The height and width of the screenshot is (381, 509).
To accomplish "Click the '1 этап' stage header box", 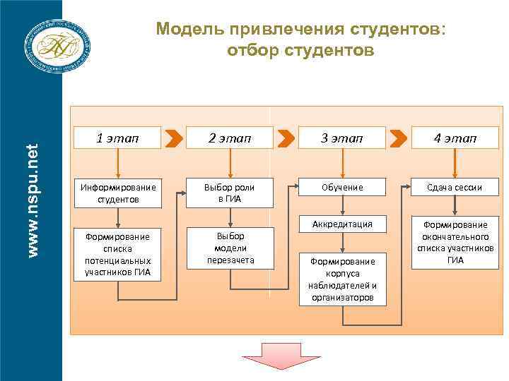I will [117, 138].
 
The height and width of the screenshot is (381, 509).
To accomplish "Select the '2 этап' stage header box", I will [230, 138].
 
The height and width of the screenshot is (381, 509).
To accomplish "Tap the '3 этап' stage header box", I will [342, 138].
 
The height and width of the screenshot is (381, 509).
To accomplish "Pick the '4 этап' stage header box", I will [455, 138].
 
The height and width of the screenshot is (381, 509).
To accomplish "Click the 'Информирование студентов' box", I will [117, 193].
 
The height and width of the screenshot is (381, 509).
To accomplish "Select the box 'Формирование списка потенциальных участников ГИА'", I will [117, 253].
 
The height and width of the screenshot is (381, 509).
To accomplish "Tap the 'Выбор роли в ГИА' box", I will [230, 193].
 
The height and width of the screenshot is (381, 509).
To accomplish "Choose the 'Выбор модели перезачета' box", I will [230, 248].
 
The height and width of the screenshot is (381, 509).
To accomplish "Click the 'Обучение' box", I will [342, 188].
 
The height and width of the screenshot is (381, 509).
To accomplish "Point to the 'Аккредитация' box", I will [342, 224].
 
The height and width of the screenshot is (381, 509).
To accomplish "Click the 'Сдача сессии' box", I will [455, 188].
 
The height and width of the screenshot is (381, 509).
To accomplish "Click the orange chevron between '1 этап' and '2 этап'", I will [172, 138].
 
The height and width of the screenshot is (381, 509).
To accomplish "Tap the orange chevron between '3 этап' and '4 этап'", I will [399, 138].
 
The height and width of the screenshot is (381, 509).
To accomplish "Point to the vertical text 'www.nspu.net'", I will [31, 190].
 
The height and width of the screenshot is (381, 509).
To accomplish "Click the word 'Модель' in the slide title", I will [185, 30].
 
